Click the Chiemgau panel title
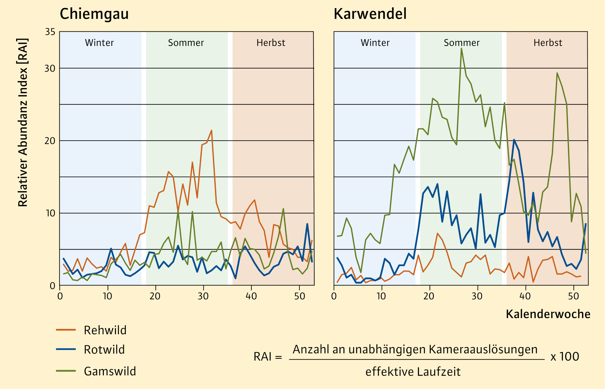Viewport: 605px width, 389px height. tap(94, 14)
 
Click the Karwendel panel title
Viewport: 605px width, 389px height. tap(370, 14)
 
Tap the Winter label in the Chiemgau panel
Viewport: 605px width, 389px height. tap(99, 43)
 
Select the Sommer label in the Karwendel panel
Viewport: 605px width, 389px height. tap(462, 43)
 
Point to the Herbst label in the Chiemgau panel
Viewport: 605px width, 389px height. tap(271, 43)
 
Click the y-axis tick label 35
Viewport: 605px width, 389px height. tap(50, 32)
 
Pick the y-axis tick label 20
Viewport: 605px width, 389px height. tap(50, 141)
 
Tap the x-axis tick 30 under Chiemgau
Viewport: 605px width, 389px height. tap(203, 296)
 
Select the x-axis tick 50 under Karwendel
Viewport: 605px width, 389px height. tap(573, 296)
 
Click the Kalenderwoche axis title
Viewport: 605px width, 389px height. tap(548, 314)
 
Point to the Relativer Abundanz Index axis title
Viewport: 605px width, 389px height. tap(23, 123)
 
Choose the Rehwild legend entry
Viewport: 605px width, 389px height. tap(105, 330)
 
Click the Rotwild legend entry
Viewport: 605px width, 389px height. tap(104, 350)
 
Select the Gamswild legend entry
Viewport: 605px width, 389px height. tap(110, 371)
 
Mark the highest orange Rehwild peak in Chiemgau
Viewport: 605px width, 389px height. tap(211, 131)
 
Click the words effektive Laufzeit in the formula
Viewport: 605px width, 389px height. tap(413, 372)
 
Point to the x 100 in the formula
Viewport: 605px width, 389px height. tap(565, 356)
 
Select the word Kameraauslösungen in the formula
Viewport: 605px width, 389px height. tap(483, 350)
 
